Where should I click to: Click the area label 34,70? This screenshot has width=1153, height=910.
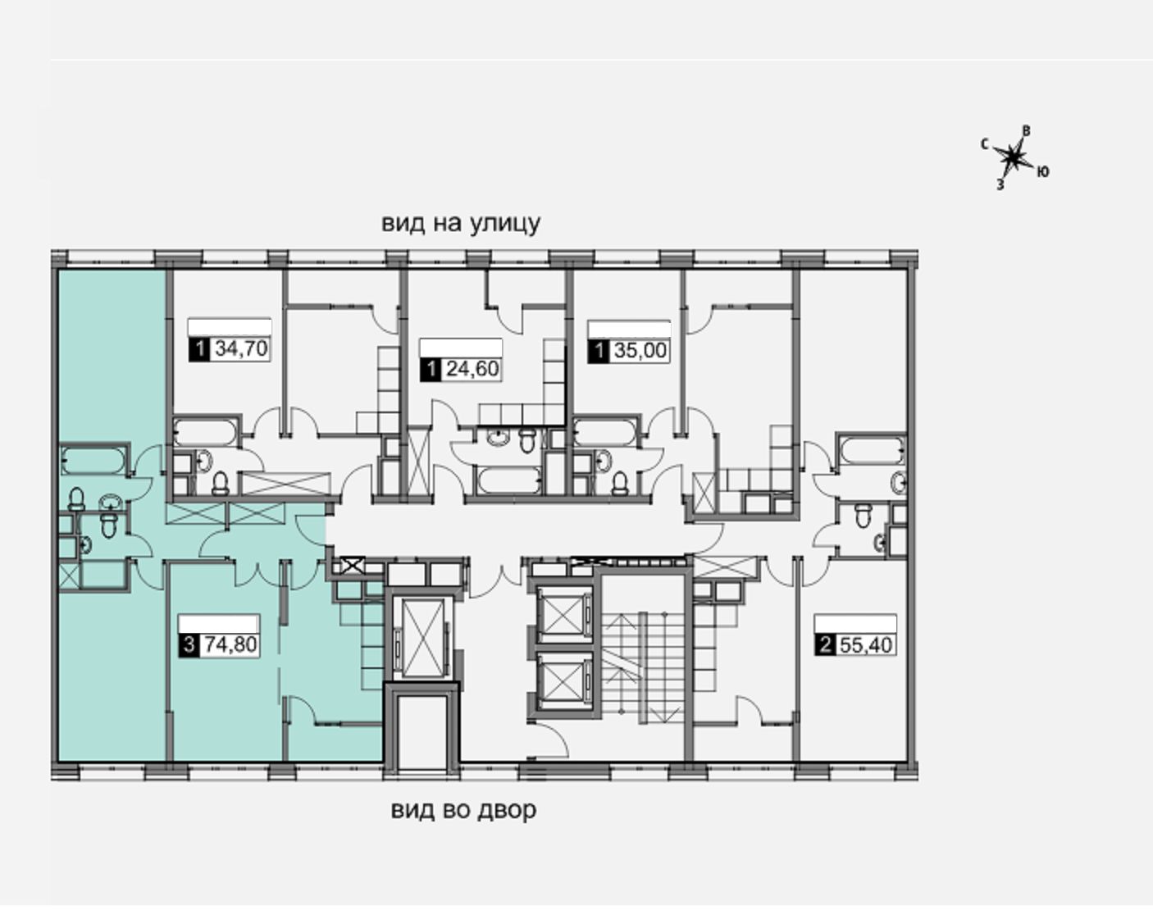click(241, 349)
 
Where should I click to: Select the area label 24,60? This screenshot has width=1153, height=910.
click(472, 369)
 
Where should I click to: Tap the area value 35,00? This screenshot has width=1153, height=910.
click(640, 351)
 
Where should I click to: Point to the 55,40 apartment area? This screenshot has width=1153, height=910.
click(866, 645)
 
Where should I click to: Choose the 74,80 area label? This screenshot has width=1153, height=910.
click(231, 644)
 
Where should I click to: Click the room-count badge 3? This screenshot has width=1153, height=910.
click(189, 644)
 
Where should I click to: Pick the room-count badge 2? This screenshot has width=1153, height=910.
click(825, 645)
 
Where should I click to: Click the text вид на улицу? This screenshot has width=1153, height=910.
click(461, 223)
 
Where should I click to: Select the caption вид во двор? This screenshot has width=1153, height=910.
click(463, 810)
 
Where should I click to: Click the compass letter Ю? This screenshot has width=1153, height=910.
click(1042, 172)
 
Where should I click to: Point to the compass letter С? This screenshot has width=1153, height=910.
click(985, 144)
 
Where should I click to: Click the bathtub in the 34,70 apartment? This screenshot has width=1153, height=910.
click(205, 433)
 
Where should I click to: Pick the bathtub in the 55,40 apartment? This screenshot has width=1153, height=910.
click(872, 451)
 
